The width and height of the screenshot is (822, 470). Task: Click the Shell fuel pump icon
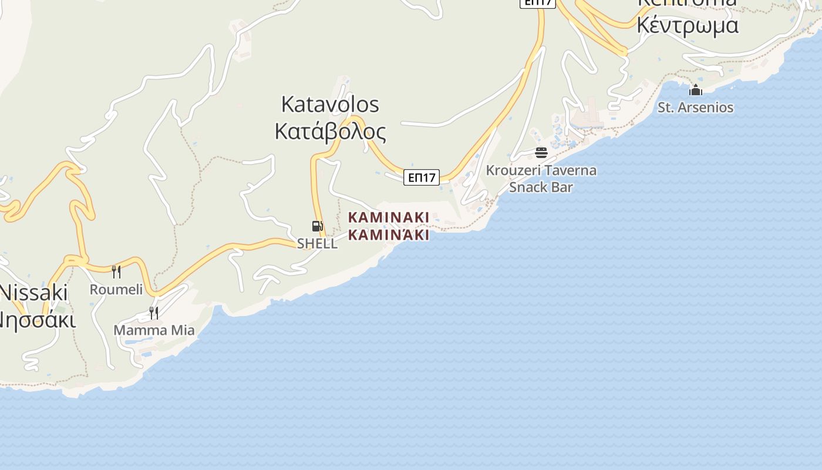click(x=317, y=226)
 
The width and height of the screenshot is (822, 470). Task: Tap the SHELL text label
click(x=317, y=243)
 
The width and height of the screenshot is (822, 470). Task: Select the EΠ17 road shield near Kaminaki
click(x=422, y=177)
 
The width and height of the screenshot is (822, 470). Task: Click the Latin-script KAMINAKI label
click(x=389, y=217)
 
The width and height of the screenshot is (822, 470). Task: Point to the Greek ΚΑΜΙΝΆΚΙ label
click(x=389, y=235)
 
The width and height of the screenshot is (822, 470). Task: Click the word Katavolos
click(x=330, y=105)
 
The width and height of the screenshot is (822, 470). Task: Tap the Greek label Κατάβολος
click(x=330, y=132)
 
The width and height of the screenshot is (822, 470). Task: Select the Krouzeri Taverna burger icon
click(x=541, y=153)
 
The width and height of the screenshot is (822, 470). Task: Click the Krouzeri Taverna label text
click(x=541, y=170)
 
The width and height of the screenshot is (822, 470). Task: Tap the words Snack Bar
click(x=541, y=187)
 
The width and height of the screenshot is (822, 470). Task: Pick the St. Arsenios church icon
click(x=696, y=90)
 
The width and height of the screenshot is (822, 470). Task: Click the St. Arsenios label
click(x=696, y=108)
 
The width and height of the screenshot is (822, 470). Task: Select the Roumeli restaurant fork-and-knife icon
click(x=116, y=271)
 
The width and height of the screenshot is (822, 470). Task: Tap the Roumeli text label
click(x=116, y=289)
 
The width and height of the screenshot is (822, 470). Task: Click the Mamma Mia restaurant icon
click(x=154, y=313)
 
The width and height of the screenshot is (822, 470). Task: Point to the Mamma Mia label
click(x=154, y=330)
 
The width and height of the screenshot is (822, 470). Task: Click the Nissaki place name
click(x=34, y=293)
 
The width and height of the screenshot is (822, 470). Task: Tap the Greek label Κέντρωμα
click(x=688, y=26)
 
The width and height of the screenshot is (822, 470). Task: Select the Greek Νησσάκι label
click(x=36, y=320)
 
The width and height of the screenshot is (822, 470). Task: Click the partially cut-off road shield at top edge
click(x=537, y=3)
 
